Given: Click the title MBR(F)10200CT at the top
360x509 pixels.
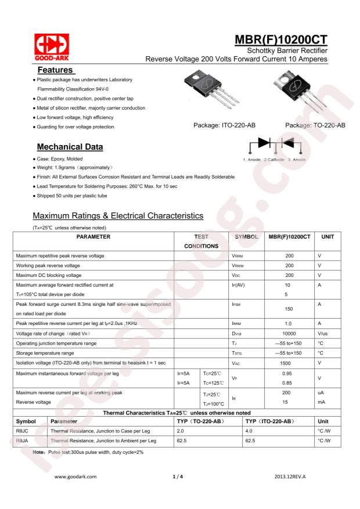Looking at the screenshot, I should click(280, 41).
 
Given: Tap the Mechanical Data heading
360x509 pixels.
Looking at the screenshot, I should click(71, 145).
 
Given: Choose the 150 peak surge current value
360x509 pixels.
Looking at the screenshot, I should click(289, 309).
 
